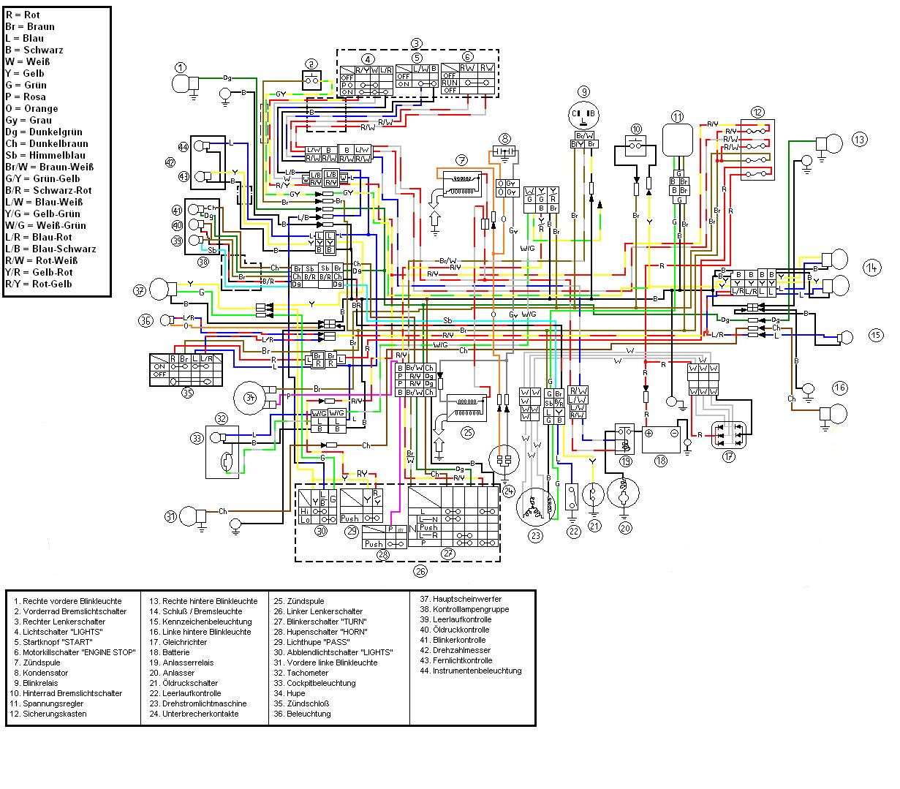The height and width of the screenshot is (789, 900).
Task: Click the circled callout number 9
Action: [x=583, y=91]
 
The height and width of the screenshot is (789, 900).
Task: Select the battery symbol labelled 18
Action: [x=662, y=439]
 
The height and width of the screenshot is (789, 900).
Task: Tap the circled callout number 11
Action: [x=678, y=116]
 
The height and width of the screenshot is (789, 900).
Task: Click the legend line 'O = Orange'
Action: [x=31, y=108]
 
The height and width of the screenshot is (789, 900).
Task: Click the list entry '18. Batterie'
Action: [x=169, y=652]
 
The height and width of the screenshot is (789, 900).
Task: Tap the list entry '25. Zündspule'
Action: [x=295, y=601]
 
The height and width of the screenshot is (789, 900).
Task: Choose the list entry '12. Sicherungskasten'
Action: [x=50, y=714]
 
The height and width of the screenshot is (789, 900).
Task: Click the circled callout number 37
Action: [x=140, y=290]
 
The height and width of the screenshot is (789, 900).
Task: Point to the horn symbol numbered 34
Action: [x=250, y=398]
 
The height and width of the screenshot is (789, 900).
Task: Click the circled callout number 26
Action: [x=420, y=571]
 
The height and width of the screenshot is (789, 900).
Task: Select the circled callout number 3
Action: [x=416, y=43]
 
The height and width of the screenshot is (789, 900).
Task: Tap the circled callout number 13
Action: [x=859, y=139]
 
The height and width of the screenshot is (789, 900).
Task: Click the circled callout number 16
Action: [x=839, y=388]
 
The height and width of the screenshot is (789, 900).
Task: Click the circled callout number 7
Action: [x=461, y=160]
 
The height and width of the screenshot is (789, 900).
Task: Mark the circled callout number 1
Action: [x=181, y=67]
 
